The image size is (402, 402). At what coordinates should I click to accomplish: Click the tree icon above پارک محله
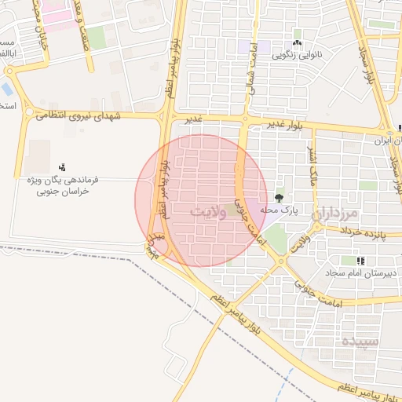(280, 198)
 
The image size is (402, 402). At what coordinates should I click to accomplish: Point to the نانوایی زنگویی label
(297, 56)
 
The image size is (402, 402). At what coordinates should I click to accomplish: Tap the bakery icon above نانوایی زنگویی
(297, 43)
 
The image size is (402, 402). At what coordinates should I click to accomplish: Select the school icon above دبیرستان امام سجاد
(360, 260)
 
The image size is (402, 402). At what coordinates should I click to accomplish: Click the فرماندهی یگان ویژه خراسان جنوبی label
(61, 185)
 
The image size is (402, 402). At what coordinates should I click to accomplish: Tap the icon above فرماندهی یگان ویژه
(62, 167)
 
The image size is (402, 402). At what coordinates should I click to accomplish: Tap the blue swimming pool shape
(8, 89)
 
